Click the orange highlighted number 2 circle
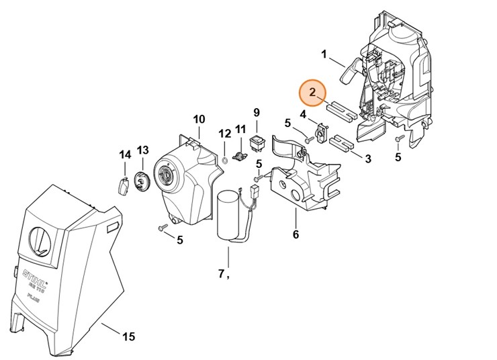[x=313, y=91]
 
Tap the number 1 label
[x=324, y=54]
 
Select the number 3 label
[x=367, y=159]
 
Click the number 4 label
[x=304, y=115]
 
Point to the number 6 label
[x=296, y=234]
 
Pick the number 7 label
[x=221, y=273]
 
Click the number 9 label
[x=256, y=111]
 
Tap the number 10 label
[x=199, y=120]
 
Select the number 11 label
[x=240, y=128]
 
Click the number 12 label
[x=224, y=134]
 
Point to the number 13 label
[x=142, y=149]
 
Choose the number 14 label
[x=125, y=155]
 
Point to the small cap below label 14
[x=124, y=185]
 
